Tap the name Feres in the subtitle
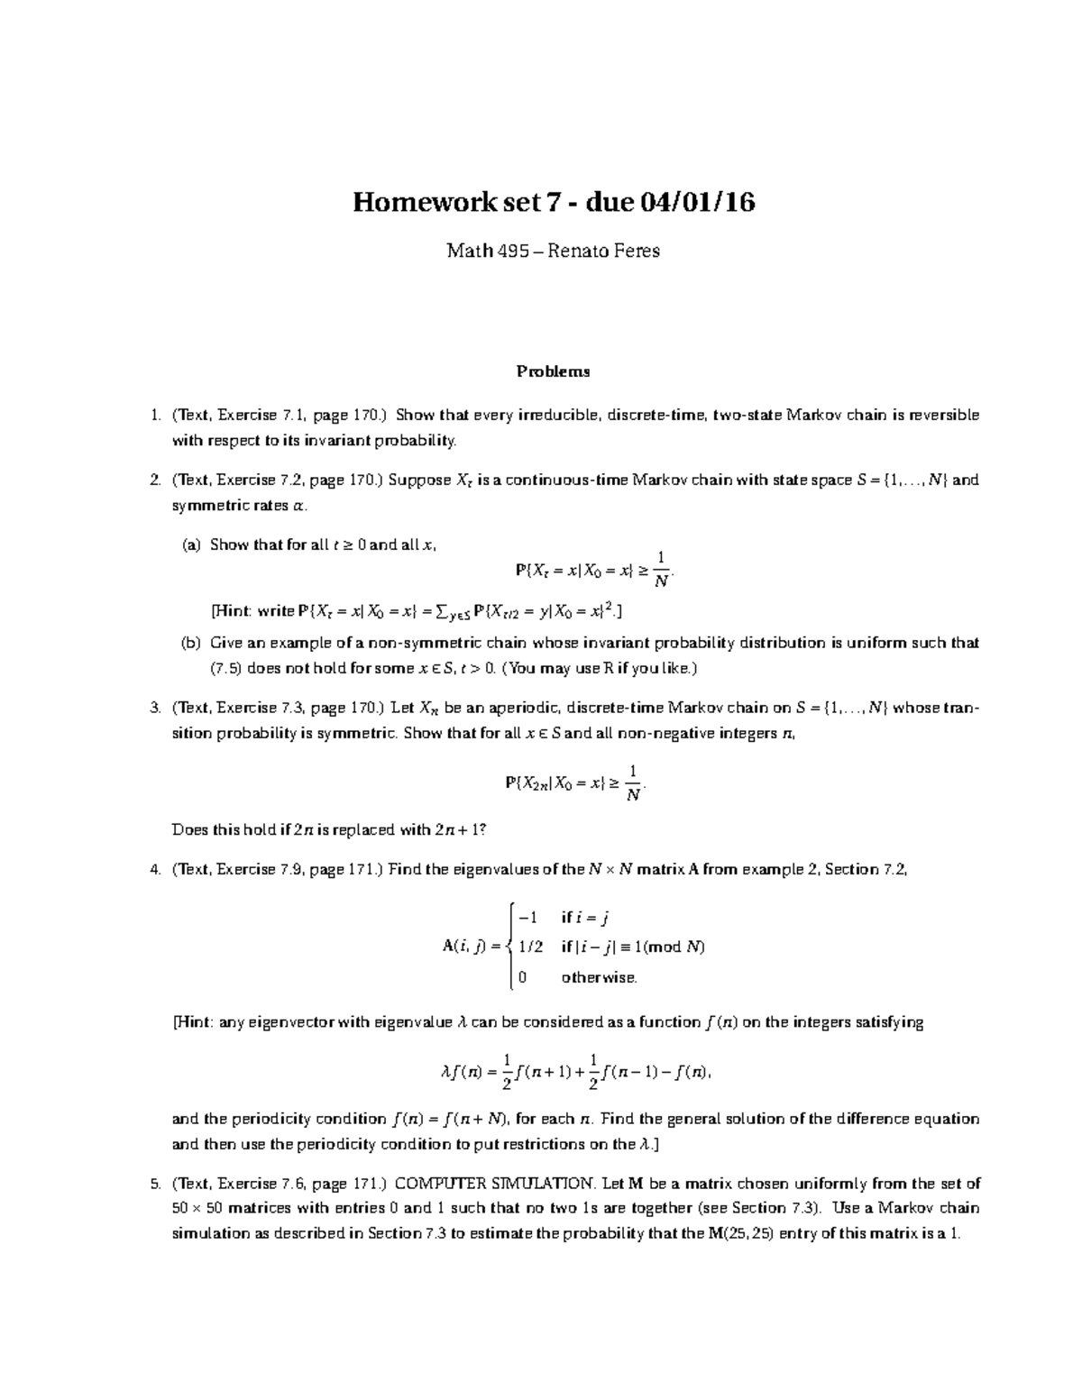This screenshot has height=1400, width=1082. tap(634, 251)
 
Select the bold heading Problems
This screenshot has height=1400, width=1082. tap(553, 371)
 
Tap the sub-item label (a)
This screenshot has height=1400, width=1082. tap(192, 545)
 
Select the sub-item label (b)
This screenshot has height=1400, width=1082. tap(192, 644)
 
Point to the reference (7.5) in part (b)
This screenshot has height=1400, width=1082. tap(226, 669)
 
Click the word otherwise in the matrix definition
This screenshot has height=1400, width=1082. tap(599, 977)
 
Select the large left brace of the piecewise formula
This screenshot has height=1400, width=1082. tap(510, 947)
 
